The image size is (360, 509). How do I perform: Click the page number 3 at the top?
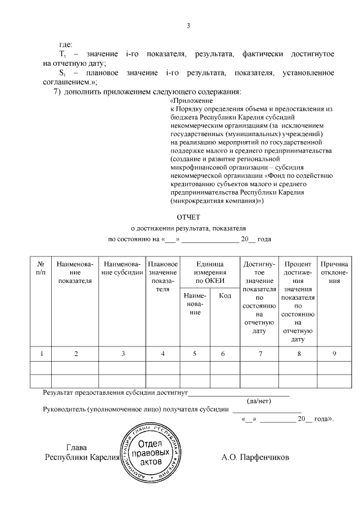tap(188, 25)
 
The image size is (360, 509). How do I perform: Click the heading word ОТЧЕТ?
tap(188, 217)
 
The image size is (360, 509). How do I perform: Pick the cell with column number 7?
tap(259, 353)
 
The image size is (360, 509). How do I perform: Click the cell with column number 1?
tap(41, 353)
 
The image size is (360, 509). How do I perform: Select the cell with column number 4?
tap(163, 353)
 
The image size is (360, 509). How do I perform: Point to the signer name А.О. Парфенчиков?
tap(255, 457)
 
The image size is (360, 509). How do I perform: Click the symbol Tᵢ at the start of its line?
tap(62, 54)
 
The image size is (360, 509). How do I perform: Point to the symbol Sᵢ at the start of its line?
tap(62, 73)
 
